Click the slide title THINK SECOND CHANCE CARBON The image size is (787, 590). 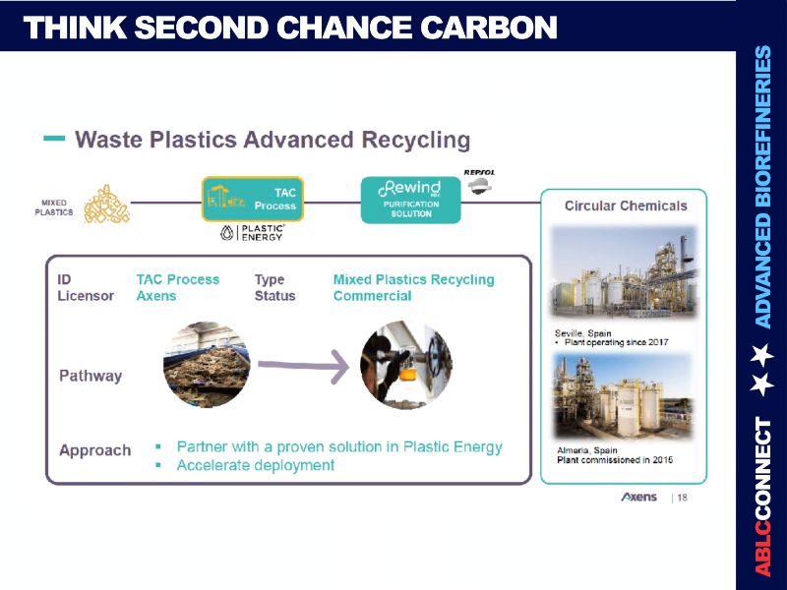290,28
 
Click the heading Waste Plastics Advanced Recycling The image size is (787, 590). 272,140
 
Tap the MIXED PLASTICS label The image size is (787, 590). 53,206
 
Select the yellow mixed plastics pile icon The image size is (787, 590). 106,204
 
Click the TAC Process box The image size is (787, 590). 253,200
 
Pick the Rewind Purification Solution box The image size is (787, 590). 410,200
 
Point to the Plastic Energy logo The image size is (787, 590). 253,233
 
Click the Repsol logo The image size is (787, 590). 478,183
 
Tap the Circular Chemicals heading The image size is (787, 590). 625,206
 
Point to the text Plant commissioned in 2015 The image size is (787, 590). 615,460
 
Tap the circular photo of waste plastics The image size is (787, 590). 206,365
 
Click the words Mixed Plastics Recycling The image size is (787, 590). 413,279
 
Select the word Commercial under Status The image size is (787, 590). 372,296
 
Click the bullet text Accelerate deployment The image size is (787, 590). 256,465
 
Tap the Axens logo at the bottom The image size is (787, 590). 639,498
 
